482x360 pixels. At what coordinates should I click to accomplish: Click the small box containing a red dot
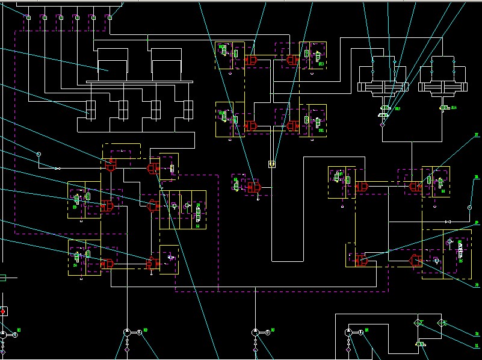click(x=2, y=311)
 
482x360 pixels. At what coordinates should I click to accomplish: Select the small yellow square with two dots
click(x=271, y=164)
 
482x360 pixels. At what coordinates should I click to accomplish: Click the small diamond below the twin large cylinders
click(x=382, y=125)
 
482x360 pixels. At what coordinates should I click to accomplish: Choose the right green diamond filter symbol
click(x=442, y=323)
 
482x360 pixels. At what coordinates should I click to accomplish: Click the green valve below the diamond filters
click(x=421, y=344)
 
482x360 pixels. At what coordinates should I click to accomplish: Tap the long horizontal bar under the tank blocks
click(x=139, y=82)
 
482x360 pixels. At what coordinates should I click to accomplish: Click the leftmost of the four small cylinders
click(x=91, y=110)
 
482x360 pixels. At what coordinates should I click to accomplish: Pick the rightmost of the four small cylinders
click(x=188, y=110)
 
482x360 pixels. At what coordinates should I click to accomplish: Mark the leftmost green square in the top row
click(x=28, y=17)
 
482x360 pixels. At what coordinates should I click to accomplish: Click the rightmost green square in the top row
click(x=110, y=17)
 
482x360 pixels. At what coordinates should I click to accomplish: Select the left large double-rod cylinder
click(x=382, y=78)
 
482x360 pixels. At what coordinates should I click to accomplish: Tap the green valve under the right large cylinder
click(x=445, y=108)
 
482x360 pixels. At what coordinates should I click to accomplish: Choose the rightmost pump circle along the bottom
click(x=349, y=332)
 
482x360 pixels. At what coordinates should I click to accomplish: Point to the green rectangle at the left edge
click(x=2, y=278)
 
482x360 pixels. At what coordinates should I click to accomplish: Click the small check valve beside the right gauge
click(x=447, y=222)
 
